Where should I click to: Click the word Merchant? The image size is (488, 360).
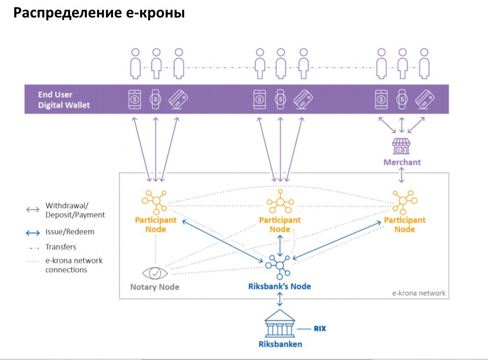[402, 162]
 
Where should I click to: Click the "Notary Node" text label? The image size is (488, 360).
[155, 287]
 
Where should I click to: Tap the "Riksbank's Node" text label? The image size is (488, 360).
[279, 287]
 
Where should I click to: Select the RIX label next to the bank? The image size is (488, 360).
[320, 328]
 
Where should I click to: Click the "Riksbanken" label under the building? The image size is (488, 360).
[279, 344]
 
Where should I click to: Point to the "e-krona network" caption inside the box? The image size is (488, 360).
[419, 293]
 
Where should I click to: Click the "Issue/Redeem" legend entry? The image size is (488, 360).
[69, 232]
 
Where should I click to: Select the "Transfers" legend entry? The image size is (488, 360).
[61, 247]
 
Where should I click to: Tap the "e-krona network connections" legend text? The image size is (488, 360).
[74, 265]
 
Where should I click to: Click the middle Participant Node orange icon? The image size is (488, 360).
[279, 202]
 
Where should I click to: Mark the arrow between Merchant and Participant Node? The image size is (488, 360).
[402, 175]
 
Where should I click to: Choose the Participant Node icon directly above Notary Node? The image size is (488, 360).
[155, 201]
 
